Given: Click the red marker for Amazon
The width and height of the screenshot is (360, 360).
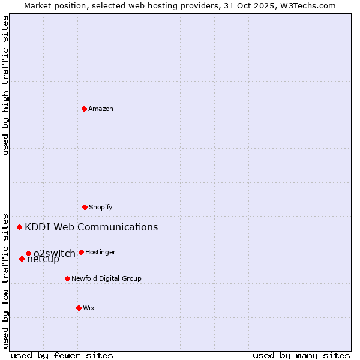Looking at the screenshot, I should [84, 109].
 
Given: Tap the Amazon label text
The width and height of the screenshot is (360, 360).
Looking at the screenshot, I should [101, 109].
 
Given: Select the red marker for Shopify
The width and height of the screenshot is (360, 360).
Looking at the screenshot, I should [85, 207].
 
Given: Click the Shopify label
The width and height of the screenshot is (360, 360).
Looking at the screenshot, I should [101, 207].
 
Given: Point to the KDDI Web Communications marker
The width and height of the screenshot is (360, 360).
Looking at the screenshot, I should [19, 227].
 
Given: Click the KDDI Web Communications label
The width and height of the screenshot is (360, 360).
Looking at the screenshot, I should [91, 227].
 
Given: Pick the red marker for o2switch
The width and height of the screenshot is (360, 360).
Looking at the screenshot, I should [28, 253].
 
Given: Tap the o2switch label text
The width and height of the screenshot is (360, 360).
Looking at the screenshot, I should [55, 253].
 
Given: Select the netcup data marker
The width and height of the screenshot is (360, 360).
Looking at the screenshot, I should [22, 259].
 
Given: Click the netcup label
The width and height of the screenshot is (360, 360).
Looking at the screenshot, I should [43, 260].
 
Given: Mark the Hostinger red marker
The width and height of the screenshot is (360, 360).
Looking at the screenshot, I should [81, 252].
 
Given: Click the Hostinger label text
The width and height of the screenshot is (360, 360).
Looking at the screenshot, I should [100, 252].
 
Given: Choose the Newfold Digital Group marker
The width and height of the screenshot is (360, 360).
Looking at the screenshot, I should [67, 278].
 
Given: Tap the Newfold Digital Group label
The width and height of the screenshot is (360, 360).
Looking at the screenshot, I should [106, 278].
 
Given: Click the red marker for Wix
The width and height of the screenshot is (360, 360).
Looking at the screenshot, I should [79, 308].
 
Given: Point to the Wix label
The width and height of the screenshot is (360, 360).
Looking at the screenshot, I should [89, 308].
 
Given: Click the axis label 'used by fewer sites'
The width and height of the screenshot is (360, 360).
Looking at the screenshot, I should [62, 355].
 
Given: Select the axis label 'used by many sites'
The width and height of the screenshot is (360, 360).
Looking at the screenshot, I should [301, 355].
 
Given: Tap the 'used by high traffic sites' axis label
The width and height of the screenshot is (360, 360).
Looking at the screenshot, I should [5, 85].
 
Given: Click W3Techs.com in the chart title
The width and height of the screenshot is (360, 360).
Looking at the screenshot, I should [308, 5].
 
